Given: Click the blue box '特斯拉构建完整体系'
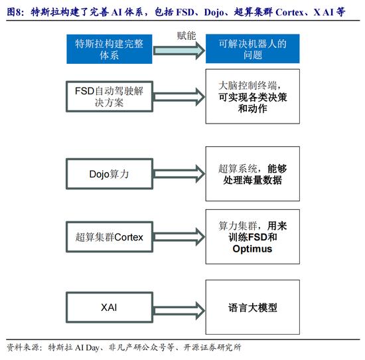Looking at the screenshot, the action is [x=110, y=49].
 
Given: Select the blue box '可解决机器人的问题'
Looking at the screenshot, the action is [x=253, y=48].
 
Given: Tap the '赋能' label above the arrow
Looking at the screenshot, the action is [x=186, y=36].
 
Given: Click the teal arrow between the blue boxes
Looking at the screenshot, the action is [x=179, y=50].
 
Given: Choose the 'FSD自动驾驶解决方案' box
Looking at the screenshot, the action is [x=110, y=96].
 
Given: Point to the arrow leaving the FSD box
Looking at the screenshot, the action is [x=179, y=97].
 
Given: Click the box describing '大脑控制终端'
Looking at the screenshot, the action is [x=253, y=96].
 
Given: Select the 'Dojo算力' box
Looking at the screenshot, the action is [x=110, y=174].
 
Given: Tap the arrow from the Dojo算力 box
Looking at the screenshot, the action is [x=179, y=174].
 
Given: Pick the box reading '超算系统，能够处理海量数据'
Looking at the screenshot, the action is [x=253, y=174].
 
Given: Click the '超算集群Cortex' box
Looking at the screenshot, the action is [x=110, y=237].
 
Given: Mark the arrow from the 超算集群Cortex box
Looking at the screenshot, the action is [x=179, y=237].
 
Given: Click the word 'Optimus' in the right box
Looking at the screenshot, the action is [x=252, y=249].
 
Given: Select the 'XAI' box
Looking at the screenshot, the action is [x=110, y=308].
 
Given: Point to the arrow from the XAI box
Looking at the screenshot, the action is [x=179, y=311].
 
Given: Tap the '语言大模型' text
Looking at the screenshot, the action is [x=253, y=308].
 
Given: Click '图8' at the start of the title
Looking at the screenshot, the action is [x=13, y=12].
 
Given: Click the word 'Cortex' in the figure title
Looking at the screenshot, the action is [x=289, y=12].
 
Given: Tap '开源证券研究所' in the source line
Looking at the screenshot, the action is [x=212, y=347].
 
